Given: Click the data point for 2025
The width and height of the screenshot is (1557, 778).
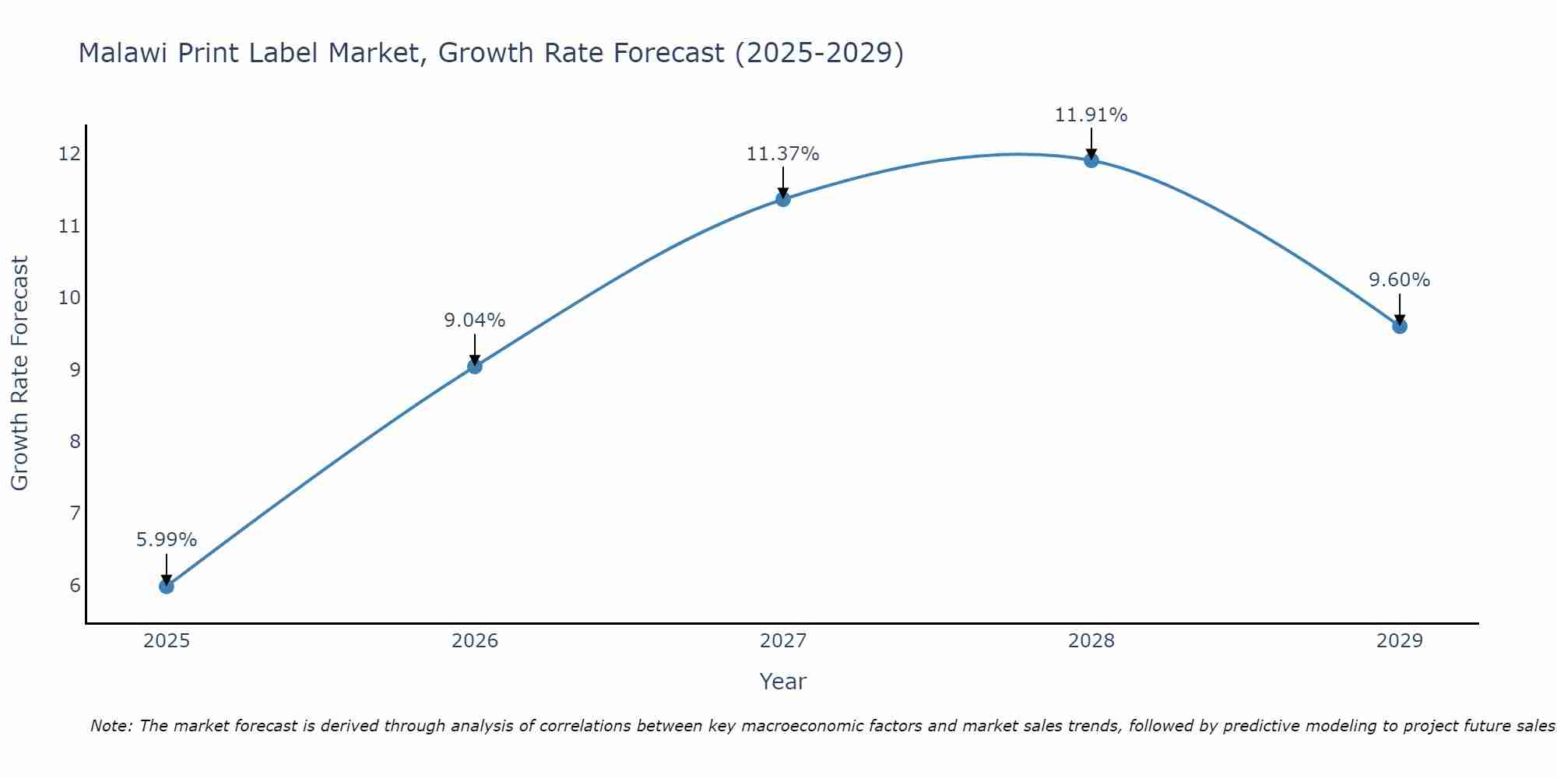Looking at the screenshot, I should [167, 586].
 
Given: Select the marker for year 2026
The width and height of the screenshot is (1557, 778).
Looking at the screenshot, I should [475, 366].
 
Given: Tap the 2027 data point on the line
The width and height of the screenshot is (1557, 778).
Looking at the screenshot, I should [783, 199].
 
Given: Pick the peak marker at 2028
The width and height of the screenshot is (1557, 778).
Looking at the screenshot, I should [1091, 160].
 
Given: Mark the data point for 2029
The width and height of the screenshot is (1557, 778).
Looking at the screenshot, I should [1400, 326].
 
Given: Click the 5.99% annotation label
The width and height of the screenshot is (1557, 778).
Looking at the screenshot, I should [167, 539].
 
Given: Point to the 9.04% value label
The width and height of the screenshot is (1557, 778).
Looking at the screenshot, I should [475, 320].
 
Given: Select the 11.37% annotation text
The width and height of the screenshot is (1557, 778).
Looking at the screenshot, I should [783, 154].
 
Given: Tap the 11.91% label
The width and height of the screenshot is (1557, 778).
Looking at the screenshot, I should [1091, 114].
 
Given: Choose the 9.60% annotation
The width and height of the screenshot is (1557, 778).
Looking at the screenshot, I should [1400, 279].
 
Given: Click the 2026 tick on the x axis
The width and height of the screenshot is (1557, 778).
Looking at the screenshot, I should [475, 641].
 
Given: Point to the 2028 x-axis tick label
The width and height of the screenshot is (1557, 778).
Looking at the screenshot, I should [1091, 641].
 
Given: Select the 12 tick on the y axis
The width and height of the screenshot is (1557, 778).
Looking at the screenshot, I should [69, 153].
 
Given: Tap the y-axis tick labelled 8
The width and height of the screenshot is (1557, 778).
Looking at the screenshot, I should [75, 441].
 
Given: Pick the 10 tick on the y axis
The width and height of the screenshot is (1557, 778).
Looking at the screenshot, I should [69, 297].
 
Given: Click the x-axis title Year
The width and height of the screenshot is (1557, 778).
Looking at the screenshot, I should [783, 682].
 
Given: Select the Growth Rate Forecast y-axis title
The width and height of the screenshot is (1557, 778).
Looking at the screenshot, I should [20, 373].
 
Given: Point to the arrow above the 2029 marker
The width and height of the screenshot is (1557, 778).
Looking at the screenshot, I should [1400, 309].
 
